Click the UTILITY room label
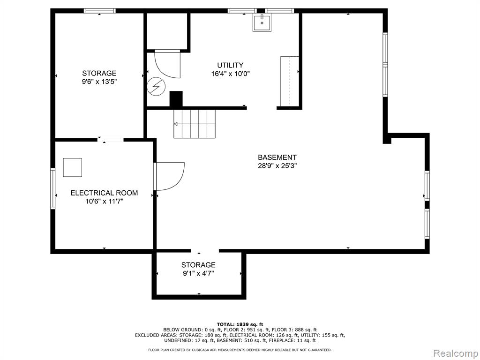230,65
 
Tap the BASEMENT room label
277,157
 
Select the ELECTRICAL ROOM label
104,193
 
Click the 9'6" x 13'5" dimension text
99,82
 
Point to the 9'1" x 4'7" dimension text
198,273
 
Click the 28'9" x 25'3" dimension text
277,166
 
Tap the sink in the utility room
262,22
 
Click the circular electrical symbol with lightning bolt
156,86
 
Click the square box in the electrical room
73,167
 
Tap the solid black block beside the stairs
176,99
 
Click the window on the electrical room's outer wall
52,188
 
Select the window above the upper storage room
100,11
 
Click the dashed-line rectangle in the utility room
290,81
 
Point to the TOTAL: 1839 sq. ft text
240,324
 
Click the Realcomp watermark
456,353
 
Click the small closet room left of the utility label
167,30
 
